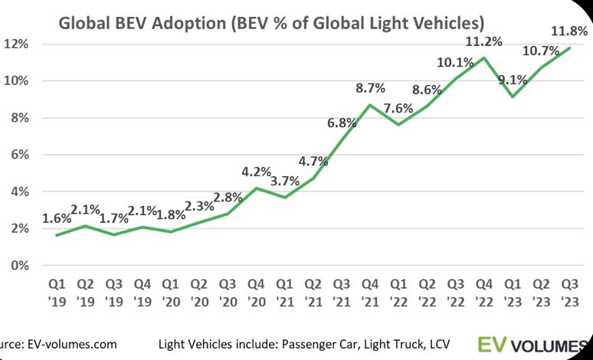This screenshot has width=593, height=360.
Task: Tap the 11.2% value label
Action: [486, 42]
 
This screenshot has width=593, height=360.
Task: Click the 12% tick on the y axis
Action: [17, 44]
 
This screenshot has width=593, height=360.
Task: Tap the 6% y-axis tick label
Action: [19, 155]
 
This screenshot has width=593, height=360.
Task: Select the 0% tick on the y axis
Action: [19, 266]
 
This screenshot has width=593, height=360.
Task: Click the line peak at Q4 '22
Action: [484, 57]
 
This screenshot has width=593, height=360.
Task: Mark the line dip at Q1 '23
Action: [513, 97]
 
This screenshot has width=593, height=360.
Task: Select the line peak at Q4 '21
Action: [370, 105]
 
